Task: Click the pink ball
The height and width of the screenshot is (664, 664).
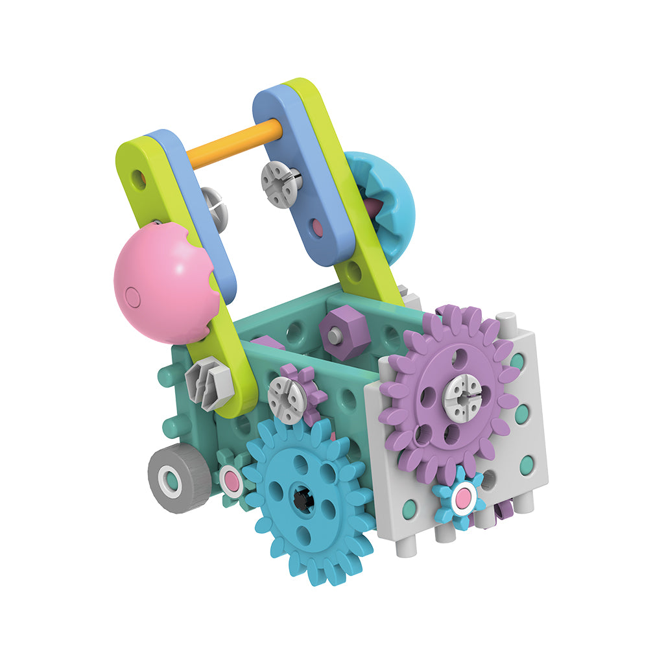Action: click(162, 282)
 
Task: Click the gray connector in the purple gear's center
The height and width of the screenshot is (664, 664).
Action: click(462, 397)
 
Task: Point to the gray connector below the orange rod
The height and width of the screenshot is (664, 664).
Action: click(280, 184)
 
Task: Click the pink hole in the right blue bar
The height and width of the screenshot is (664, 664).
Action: click(316, 226)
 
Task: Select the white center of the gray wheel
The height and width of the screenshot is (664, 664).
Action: click(169, 481)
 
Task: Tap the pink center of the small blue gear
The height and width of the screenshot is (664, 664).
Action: click(462, 498)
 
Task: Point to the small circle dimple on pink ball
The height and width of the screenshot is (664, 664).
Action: click(132, 297)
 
